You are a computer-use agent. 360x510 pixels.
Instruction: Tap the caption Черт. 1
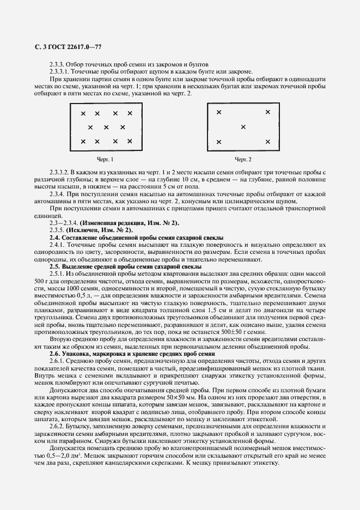[105, 160]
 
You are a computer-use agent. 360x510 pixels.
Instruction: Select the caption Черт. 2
[243, 160]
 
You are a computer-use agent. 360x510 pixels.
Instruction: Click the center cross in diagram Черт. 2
[243, 127]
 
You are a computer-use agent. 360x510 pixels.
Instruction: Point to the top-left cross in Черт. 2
[219, 112]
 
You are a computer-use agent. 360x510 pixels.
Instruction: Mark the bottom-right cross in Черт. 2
[267, 142]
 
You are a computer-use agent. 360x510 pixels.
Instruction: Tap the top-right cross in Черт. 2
[267, 112]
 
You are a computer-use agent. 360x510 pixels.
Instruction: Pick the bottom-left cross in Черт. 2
[219, 142]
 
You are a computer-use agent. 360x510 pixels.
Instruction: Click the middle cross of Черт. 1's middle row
[106, 127]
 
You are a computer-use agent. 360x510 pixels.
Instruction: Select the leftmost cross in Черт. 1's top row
[83, 113]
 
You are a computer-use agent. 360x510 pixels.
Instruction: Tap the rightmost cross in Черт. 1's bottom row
[130, 142]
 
